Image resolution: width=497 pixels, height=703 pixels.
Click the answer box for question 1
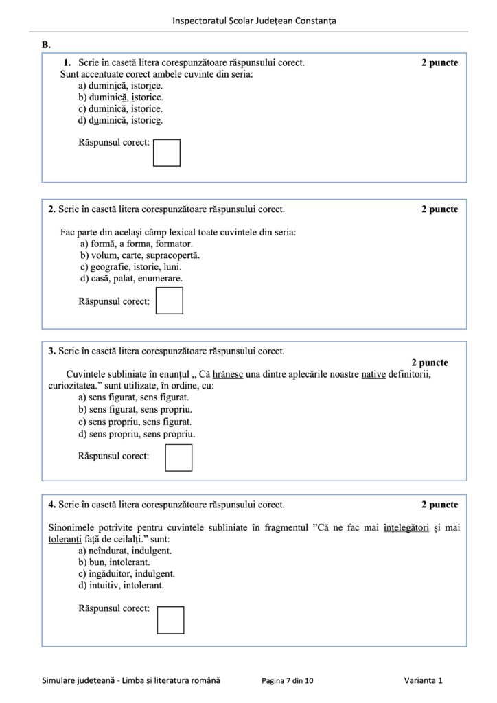click(x=166, y=152)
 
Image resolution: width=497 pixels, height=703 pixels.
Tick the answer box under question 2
click(x=169, y=301)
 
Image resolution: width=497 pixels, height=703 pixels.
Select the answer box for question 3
click(x=178, y=457)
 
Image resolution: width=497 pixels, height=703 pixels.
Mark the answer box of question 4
click(x=170, y=619)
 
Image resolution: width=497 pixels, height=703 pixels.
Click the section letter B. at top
click(x=46, y=45)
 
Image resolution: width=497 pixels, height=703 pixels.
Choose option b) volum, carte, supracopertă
click(x=140, y=255)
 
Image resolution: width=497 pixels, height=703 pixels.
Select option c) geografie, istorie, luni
click(x=130, y=267)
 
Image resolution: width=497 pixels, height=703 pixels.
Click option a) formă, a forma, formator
click(x=136, y=244)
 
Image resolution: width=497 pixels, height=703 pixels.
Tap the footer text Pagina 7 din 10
click(x=288, y=680)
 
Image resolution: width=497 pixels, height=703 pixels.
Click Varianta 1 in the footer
click(x=423, y=680)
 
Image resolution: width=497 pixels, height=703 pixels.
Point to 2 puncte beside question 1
click(x=439, y=62)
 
